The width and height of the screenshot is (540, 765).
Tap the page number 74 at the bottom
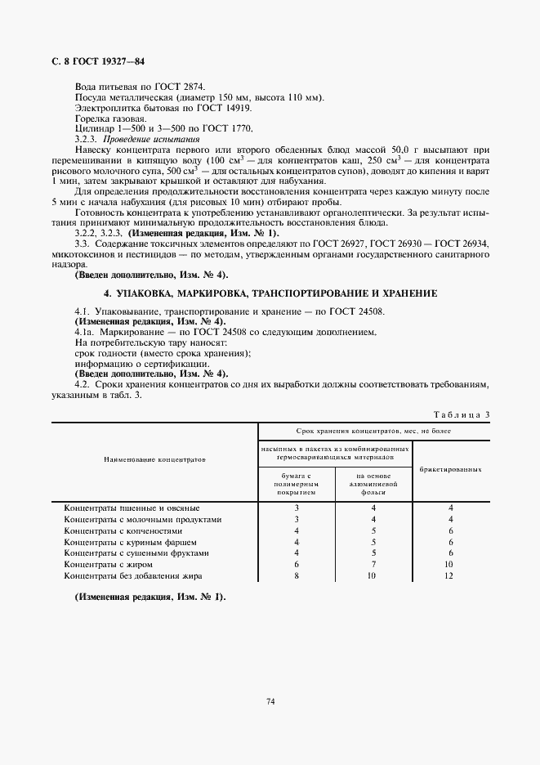[x=270, y=700]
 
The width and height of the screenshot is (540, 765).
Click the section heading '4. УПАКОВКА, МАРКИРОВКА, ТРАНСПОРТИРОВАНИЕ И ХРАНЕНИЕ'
[x=270, y=293]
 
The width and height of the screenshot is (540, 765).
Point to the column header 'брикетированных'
[x=450, y=470]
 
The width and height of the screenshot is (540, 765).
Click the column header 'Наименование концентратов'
[x=154, y=460]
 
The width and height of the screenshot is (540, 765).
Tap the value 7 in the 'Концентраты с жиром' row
[x=373, y=565]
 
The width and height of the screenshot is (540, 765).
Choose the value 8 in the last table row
[x=297, y=576]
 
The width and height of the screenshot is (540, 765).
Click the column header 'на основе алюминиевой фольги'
[x=373, y=484]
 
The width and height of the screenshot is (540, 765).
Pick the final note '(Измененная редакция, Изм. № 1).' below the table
[x=150, y=597]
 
